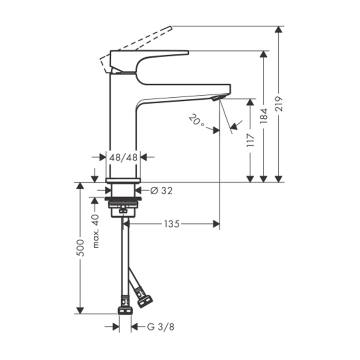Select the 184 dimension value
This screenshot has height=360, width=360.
pyautogui.click(x=263, y=116)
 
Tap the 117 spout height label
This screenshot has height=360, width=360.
pyautogui.click(x=250, y=141)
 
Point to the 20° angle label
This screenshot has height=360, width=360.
pyautogui.click(x=197, y=120)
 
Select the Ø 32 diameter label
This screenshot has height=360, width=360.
pyautogui.click(x=161, y=191)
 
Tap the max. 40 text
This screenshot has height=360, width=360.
pyautogui.click(x=96, y=230)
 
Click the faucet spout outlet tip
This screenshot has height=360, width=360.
pyautogui.click(x=217, y=98)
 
